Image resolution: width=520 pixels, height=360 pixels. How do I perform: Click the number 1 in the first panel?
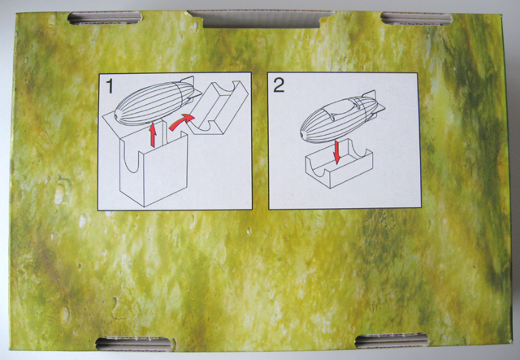pos(110,85)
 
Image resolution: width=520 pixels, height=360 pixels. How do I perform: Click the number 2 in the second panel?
pos(279,85)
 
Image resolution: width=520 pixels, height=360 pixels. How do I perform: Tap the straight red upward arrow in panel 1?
pos(153,135)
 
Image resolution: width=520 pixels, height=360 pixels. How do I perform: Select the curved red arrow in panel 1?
pos(180,121)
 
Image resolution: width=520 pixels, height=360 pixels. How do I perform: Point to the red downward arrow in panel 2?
pos(337,152)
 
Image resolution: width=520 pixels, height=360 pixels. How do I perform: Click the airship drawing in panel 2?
pos(341,117)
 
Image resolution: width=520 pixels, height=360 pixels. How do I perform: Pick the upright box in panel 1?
pos(154,166)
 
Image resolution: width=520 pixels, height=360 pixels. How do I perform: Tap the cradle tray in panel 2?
pos(339,164)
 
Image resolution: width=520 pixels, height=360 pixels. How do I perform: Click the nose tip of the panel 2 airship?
pos(301,135)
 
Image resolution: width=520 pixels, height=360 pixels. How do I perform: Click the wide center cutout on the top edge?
pos(261,19)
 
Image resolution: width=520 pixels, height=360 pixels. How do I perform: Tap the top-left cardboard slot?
pos(105,18)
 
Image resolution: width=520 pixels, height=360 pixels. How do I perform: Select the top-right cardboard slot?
pos(416,19)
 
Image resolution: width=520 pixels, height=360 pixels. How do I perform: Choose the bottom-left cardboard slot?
pos(135,344)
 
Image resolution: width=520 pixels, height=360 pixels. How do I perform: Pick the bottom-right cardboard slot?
pos(392,341)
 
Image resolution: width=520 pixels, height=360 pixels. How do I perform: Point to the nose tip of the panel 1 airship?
pos(116,117)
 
